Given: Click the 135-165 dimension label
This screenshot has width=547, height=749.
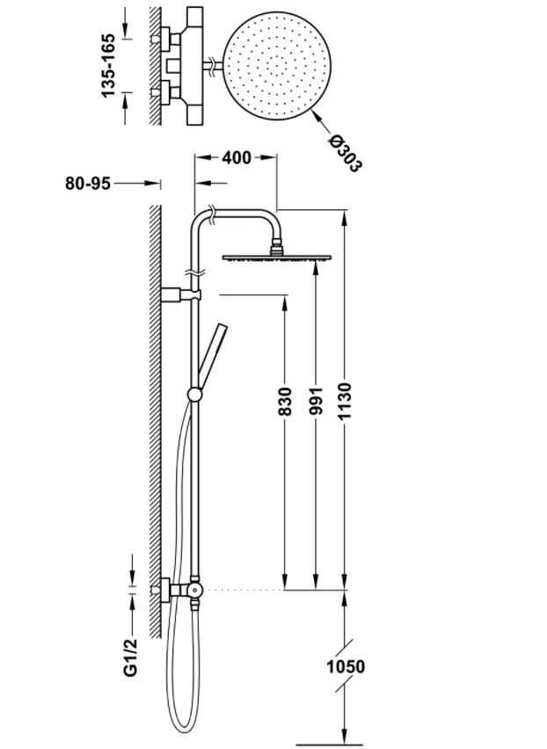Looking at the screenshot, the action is coord(108,65).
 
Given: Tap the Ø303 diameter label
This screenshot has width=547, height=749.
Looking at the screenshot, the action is coord(345,153).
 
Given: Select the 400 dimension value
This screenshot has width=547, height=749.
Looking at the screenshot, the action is coord(236,157).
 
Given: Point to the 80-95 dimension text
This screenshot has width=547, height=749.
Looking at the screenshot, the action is coord(88,183).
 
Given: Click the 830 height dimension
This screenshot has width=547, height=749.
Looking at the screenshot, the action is coord(285,401).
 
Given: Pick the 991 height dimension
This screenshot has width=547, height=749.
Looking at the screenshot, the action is coord(316,401).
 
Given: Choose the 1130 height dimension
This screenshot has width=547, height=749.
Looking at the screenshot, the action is coord(345,401).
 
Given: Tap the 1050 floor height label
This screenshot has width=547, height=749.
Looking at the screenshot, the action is coord(346,666).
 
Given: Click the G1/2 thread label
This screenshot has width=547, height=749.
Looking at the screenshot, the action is coord(130,657).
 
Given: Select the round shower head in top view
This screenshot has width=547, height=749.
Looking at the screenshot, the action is coord(277,66).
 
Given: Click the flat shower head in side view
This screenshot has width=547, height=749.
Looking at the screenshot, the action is coord(277,258).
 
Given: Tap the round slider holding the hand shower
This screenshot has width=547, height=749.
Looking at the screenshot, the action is coord(194,395).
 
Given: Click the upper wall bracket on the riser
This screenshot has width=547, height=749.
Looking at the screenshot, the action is coord(180,295).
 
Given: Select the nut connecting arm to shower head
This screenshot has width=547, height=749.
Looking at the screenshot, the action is coord(277,249).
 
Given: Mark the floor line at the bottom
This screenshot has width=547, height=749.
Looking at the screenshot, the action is coord(330,745).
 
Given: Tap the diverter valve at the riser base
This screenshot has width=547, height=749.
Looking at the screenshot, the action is coord(194,591).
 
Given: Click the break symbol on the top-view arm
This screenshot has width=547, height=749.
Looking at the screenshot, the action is coord(212,66).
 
